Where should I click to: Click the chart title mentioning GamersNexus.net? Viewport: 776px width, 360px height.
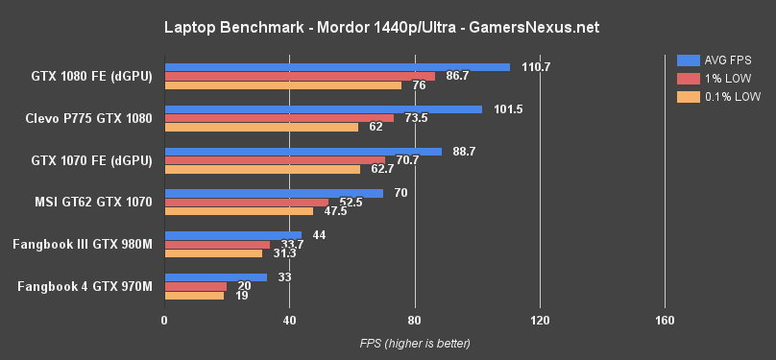(x=388, y=28)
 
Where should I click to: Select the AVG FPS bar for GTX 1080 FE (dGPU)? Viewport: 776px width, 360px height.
(x=336, y=67)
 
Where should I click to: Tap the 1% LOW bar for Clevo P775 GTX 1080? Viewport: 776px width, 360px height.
(x=279, y=118)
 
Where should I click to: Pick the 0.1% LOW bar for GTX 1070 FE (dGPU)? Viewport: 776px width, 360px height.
(x=262, y=169)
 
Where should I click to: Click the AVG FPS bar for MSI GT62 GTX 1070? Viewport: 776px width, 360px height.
(x=274, y=193)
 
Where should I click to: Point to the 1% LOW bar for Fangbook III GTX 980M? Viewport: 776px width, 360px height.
(x=217, y=244)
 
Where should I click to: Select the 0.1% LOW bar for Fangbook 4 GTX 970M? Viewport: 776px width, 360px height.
(x=194, y=295)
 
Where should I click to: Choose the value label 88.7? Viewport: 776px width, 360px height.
(x=464, y=151)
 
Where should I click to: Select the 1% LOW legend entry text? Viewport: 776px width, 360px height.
(x=727, y=78)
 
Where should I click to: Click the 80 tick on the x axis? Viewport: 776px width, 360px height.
(x=414, y=320)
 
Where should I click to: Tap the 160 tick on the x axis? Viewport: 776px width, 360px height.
(x=664, y=320)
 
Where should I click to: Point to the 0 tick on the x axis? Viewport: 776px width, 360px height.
(x=164, y=320)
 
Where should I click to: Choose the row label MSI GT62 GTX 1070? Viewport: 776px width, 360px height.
(x=93, y=202)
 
